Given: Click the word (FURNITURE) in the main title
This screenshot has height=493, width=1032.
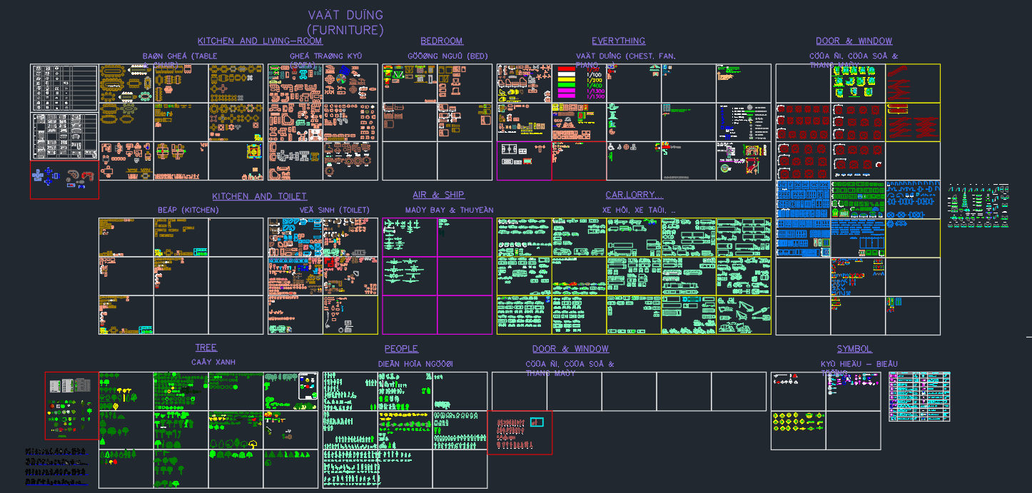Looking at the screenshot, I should (x=345, y=30).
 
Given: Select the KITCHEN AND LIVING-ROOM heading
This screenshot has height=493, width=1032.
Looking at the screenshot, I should (x=260, y=41).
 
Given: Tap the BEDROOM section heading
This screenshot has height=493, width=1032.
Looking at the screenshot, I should (x=441, y=41).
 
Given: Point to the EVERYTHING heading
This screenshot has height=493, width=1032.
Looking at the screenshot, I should (x=618, y=41).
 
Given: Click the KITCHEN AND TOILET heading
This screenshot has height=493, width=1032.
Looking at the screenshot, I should (x=259, y=196).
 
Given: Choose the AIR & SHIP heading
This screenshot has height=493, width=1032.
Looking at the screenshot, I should (x=438, y=195).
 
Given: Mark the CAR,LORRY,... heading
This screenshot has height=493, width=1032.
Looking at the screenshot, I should (x=634, y=195).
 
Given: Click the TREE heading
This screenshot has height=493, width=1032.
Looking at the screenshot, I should (x=206, y=347).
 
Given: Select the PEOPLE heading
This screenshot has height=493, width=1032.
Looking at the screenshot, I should (x=401, y=349).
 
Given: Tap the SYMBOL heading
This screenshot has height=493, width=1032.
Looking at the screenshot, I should (x=854, y=349).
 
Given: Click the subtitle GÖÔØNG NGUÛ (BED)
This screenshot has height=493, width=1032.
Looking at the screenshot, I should (x=447, y=56).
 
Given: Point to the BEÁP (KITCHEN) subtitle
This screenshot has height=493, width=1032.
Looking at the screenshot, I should (x=188, y=210).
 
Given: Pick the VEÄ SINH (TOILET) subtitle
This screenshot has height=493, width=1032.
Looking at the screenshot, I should (x=335, y=210).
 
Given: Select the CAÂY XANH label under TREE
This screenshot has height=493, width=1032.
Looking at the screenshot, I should (x=213, y=362).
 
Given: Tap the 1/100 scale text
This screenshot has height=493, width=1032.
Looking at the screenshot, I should (x=594, y=74).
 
